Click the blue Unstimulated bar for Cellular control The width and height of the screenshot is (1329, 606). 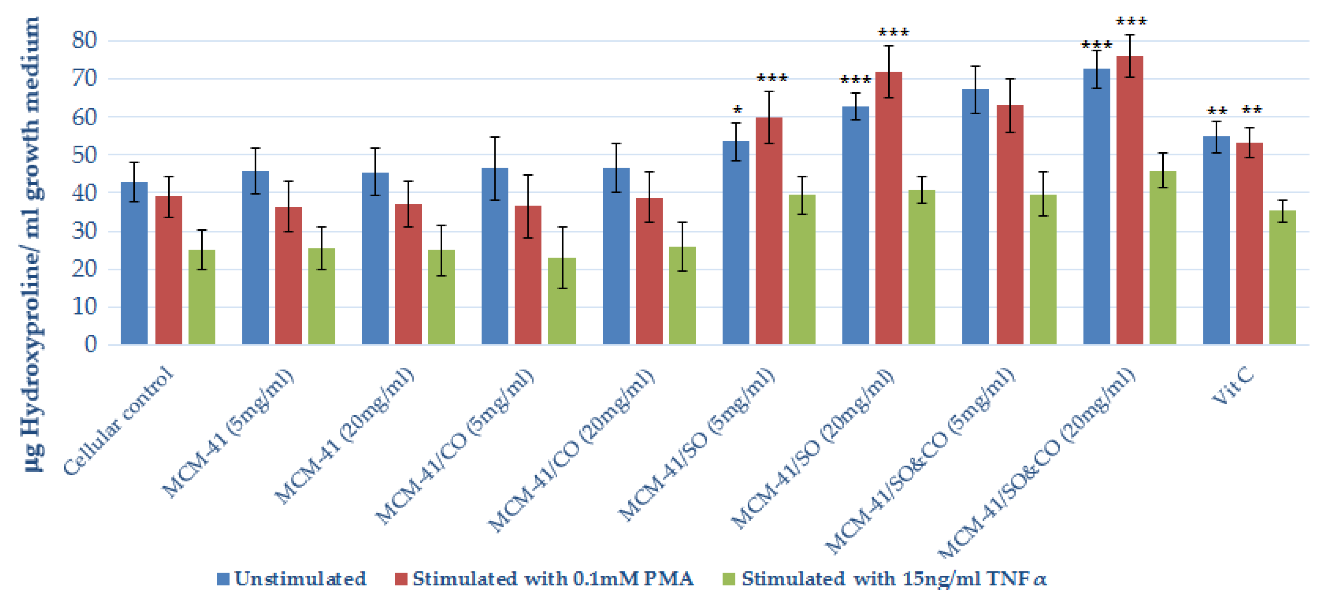pos(134,263)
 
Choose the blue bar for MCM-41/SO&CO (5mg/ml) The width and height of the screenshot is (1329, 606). pos(976,217)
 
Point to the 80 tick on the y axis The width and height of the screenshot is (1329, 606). pos(84,40)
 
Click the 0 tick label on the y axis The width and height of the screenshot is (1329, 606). pos(91,344)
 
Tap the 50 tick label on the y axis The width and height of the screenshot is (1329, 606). pos(84,154)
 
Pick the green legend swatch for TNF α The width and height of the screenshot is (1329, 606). pos(728,579)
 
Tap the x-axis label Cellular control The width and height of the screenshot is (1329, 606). pos(119,421)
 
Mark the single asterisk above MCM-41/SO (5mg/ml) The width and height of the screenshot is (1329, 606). pos(738,110)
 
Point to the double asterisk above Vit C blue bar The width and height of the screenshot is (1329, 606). pos(1217,111)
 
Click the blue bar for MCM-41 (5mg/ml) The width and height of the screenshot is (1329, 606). pos(255,258)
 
